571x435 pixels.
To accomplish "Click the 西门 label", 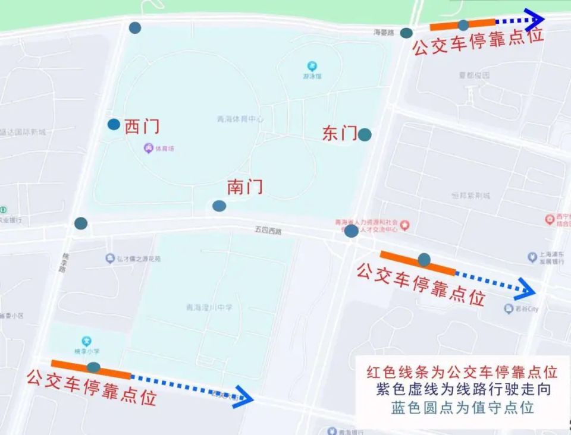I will tap(142, 127).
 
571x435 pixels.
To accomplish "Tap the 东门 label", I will tap(340, 133).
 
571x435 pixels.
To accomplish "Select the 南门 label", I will tap(244, 187).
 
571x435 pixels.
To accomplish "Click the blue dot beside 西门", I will tap(114, 124).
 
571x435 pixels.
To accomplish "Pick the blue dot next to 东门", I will tap(365, 135).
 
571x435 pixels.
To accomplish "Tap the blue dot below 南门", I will tap(219, 206).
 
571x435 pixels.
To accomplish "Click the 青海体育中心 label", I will tap(240, 119).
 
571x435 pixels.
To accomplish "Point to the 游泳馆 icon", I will tap(312, 66).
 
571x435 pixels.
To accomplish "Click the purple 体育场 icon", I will tap(149, 148).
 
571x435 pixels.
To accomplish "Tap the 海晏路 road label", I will tap(384, 33).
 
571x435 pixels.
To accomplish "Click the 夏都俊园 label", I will tap(474, 75).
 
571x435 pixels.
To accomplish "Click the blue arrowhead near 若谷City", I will tap(525, 288).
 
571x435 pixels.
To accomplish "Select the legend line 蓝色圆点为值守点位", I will tap(462, 408).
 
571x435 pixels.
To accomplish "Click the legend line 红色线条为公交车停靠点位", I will tap(462, 373).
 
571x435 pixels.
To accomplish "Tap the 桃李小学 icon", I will tap(87, 341).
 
